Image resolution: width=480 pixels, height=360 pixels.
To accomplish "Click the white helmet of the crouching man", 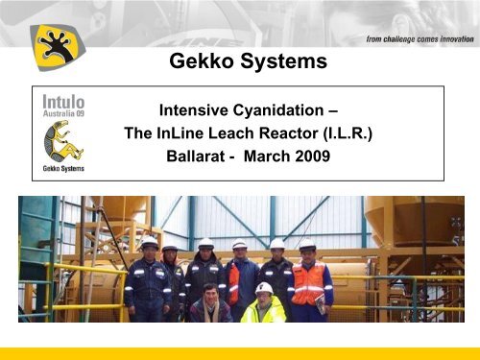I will [x=264, y=287].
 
